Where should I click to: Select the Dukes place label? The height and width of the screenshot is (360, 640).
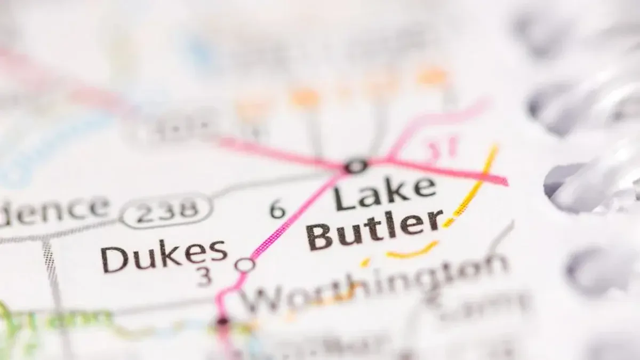tap(164, 256)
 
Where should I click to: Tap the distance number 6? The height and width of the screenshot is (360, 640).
tap(277, 209)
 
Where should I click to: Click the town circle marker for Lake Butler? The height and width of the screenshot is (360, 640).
tap(356, 166)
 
